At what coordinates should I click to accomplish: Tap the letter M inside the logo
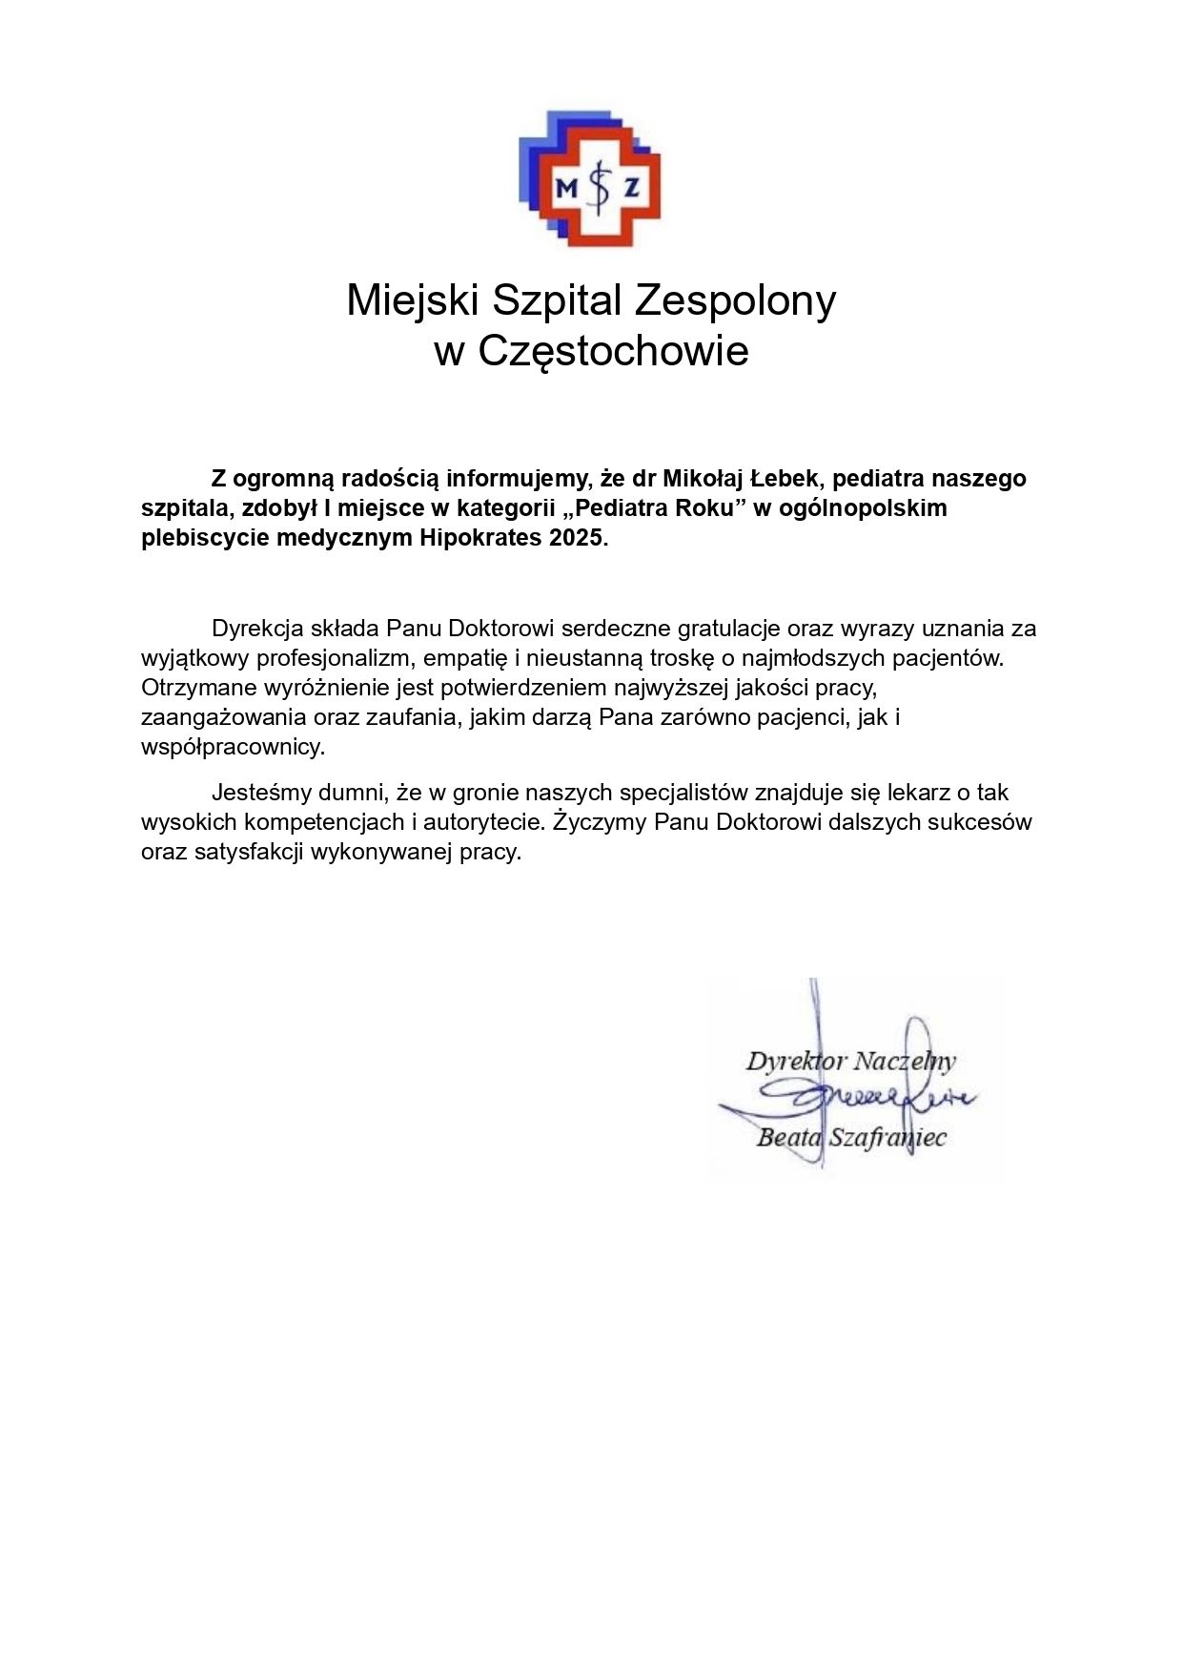point(566,188)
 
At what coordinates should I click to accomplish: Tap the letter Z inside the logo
point(630,188)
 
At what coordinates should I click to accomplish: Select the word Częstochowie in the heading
point(613,351)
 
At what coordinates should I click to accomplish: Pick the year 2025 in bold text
point(575,538)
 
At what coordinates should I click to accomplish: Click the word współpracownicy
point(232,747)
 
